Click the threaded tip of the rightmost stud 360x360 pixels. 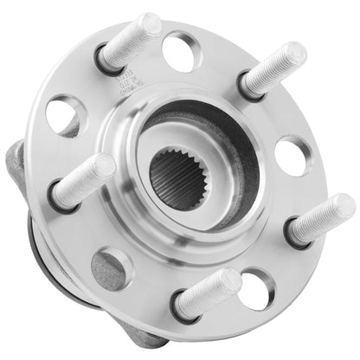(x=341, y=209)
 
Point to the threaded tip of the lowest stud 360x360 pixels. (x=228, y=281)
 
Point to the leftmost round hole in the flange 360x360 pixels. (x=64, y=114)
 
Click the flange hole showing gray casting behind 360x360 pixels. (x=113, y=267)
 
